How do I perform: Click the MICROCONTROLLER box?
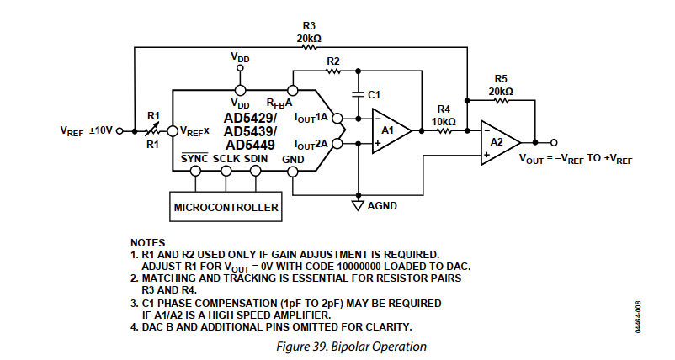[x=226, y=207]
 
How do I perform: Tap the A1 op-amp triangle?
[x=391, y=130]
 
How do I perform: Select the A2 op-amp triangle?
[x=500, y=142]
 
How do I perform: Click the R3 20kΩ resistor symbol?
[x=309, y=47]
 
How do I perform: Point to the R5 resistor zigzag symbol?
[x=501, y=100]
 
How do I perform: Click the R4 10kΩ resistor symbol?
[x=444, y=130]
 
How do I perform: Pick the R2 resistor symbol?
[x=332, y=71]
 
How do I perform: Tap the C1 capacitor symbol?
[x=358, y=94]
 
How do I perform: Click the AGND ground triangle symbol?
[x=358, y=205]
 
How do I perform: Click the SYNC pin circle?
[x=195, y=172]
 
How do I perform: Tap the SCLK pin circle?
[x=226, y=172]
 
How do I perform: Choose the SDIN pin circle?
[x=256, y=172]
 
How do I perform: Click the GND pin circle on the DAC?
[x=293, y=172]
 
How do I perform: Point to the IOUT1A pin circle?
[x=337, y=118]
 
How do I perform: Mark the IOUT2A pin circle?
[x=337, y=143]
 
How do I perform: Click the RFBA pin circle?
[x=293, y=90]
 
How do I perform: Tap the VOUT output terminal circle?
[x=554, y=142]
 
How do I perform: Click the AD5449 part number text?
[x=250, y=145]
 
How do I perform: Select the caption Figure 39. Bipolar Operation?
[x=351, y=347]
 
